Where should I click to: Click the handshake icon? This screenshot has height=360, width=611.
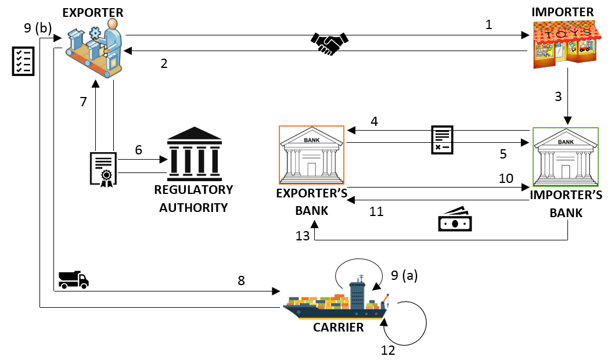329,43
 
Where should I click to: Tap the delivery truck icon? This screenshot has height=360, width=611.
74,280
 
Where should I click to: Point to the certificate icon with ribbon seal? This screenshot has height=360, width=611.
103,169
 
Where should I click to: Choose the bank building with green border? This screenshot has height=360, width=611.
565,156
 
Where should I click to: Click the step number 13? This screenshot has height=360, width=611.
303,235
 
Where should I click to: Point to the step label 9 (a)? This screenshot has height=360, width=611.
404,276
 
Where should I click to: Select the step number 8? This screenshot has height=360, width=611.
241,281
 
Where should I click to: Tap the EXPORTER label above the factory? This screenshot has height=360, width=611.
93,12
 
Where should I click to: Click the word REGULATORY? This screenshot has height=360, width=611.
193,190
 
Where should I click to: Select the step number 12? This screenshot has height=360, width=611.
387,350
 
